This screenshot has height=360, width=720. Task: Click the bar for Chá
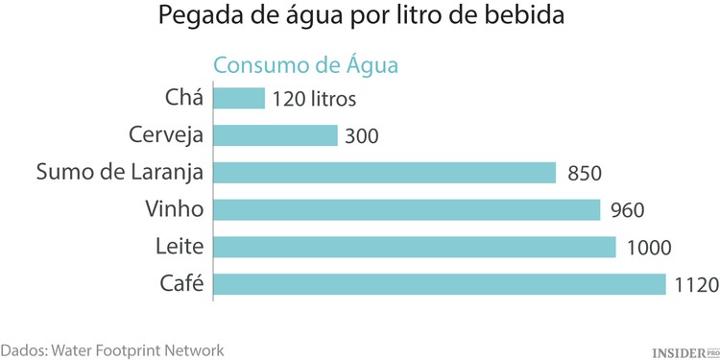[238, 98]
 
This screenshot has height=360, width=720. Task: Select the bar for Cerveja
[275, 135]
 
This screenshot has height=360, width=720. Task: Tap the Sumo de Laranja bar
[384, 173]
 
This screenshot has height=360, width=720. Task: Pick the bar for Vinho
[406, 210]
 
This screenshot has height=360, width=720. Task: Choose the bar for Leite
[414, 248]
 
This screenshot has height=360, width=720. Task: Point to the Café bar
[439, 284]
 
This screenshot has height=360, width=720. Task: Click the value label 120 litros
[314, 99]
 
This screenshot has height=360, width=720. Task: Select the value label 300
[362, 136]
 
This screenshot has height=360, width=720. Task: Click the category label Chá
[183, 98]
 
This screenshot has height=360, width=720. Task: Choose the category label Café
[180, 284]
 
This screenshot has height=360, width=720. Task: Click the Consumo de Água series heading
[304, 65]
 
